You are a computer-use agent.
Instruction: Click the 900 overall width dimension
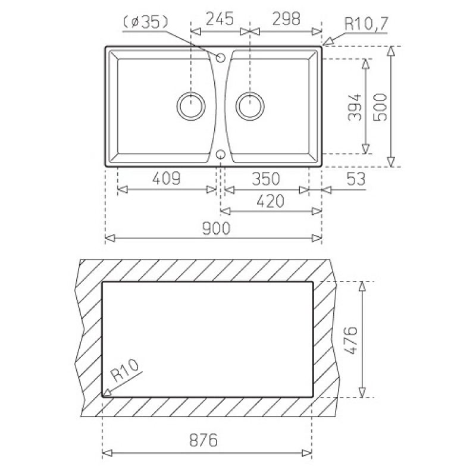pos(217,228)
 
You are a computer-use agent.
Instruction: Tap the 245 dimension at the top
pos(220,19)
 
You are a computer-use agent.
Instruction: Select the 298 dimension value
pos(286,19)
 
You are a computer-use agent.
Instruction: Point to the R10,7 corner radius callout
pos(367,24)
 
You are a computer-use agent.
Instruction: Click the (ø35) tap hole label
pos(145,22)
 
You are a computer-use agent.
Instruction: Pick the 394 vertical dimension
pos(355,107)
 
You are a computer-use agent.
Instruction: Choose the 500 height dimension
pos(380,107)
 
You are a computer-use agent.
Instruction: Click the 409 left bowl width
pos(167,178)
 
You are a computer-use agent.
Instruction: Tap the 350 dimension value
pos(266,179)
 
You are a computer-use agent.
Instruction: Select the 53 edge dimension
pos(356,179)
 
